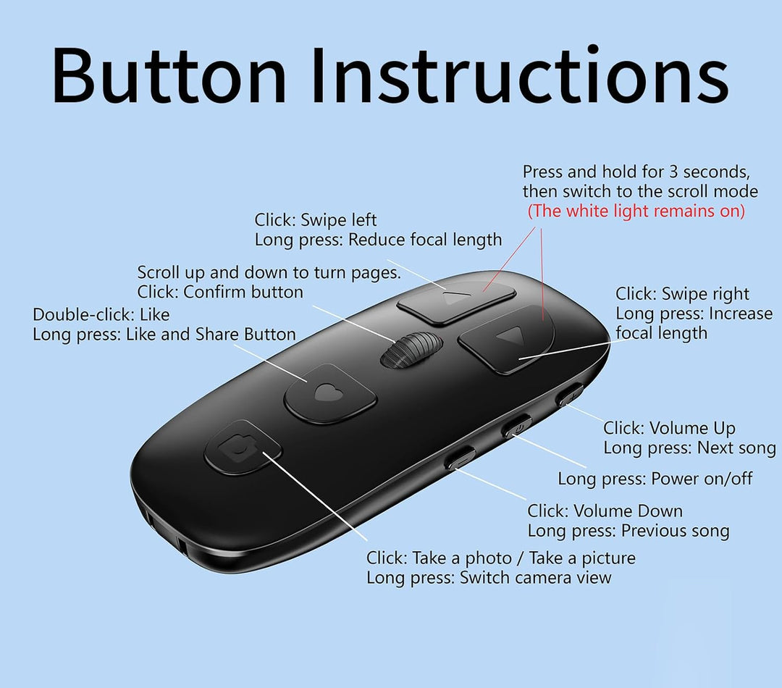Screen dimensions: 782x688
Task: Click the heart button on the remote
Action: tap(329, 394)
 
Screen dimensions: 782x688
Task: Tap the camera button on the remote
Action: tap(243, 448)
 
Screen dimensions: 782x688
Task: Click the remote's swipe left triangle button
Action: tap(456, 302)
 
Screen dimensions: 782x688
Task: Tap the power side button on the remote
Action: tap(517, 427)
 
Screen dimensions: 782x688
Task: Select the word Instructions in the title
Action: tap(520, 75)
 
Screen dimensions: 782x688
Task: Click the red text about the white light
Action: tap(636, 211)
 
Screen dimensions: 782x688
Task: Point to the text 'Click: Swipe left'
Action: tap(316, 219)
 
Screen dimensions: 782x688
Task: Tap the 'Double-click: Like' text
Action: tap(101, 314)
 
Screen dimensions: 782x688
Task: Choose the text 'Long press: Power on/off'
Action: tap(655, 479)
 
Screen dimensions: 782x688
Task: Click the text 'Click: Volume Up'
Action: tap(669, 428)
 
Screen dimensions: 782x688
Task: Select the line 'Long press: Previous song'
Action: tap(628, 531)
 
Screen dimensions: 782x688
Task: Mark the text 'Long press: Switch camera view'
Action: tap(489, 578)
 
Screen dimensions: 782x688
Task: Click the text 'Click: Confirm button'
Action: tap(220, 292)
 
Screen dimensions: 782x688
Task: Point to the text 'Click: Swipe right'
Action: tap(682, 294)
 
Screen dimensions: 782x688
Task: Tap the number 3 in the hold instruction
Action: tap(673, 172)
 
